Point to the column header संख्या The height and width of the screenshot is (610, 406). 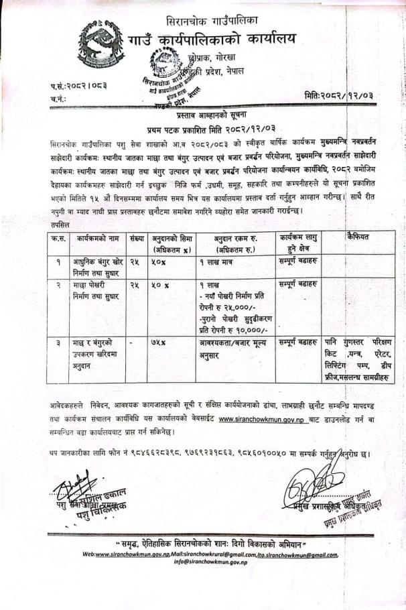point(137,238)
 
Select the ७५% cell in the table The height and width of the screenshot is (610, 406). point(158,343)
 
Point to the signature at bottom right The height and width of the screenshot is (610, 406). point(310,484)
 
